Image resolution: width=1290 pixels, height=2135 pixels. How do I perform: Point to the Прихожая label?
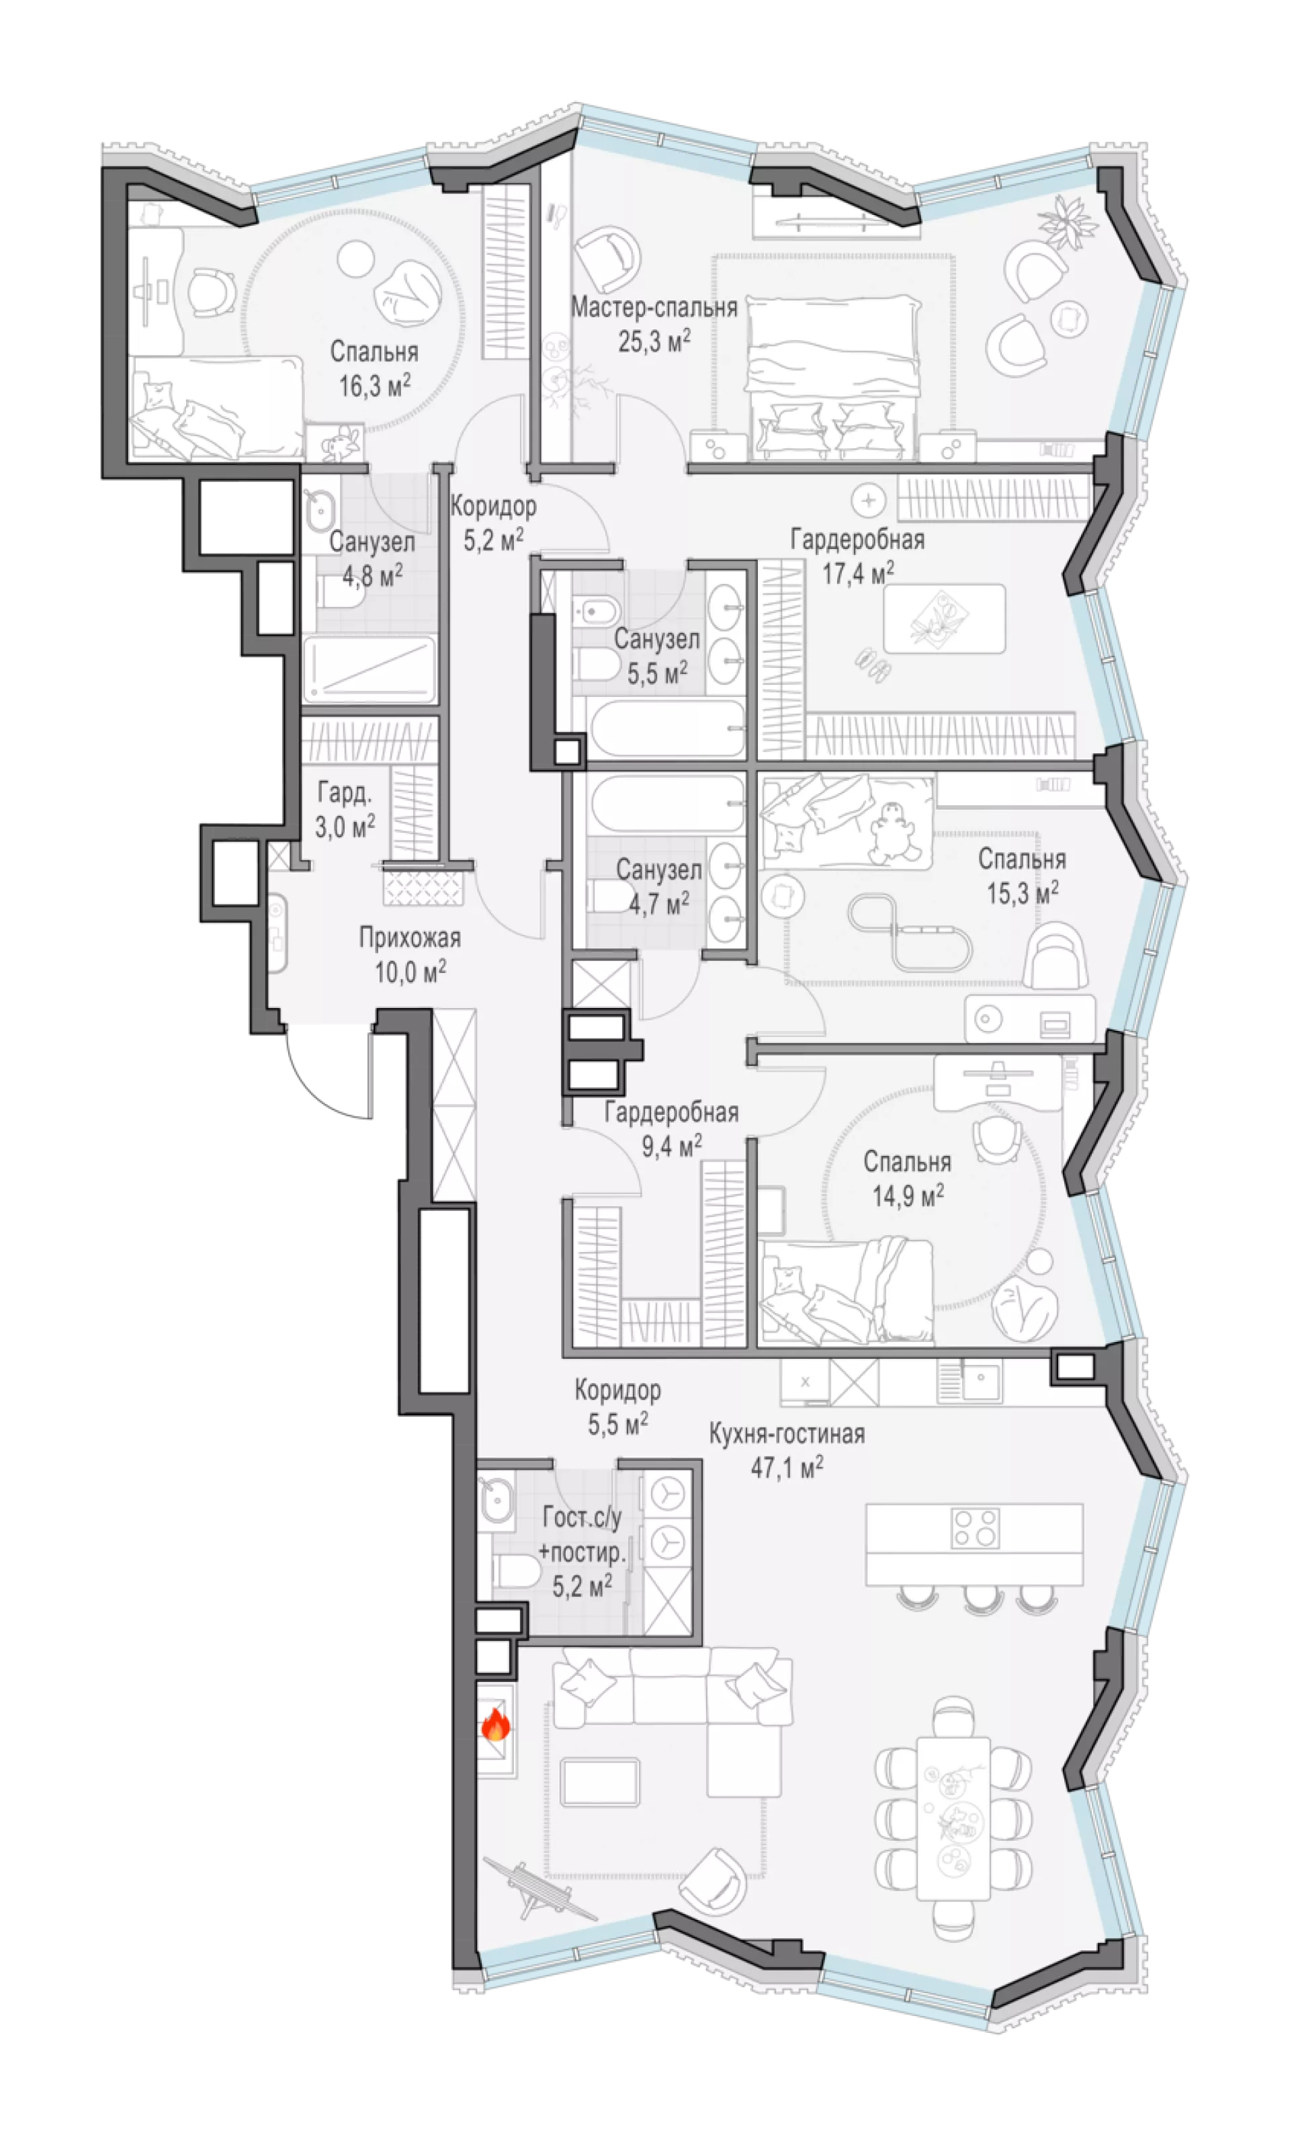point(410,937)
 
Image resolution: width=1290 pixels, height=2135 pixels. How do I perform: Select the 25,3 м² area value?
point(654,341)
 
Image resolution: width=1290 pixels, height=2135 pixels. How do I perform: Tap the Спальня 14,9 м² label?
point(907,1179)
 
